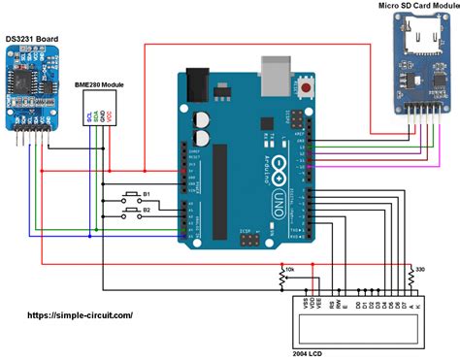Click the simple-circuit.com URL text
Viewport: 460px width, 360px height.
click(67, 314)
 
